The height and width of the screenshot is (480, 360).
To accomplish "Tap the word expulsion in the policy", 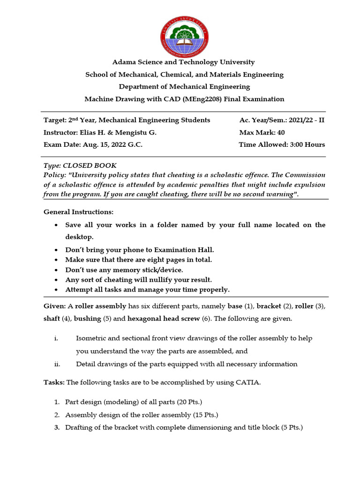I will click(308, 184).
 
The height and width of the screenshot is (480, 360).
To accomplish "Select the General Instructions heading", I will click(78, 212).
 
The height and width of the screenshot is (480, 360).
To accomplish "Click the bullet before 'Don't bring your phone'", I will click(56, 250).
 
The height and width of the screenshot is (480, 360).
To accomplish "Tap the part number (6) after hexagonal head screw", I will click(206, 319).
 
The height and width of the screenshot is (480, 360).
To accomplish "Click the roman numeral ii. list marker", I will click(57, 364).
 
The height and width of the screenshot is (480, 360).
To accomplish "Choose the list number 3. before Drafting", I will click(56, 427).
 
